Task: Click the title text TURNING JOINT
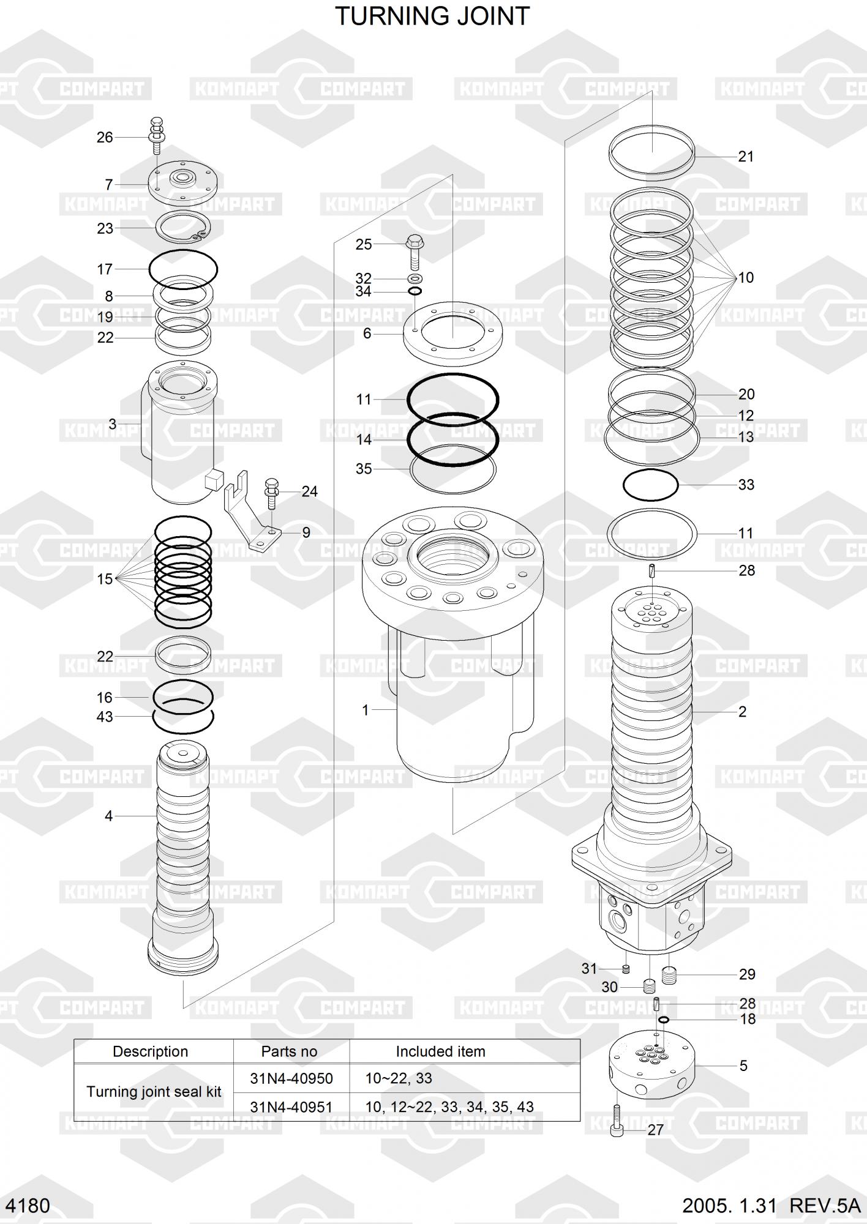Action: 432,17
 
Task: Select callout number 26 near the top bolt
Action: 105,137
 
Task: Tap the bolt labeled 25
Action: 415,252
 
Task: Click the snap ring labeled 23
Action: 183,228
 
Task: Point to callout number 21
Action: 746,156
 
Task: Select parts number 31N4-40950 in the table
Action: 291,1078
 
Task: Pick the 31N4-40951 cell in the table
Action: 291,1106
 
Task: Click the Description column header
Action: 151,1051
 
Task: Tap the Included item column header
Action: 440,1051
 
